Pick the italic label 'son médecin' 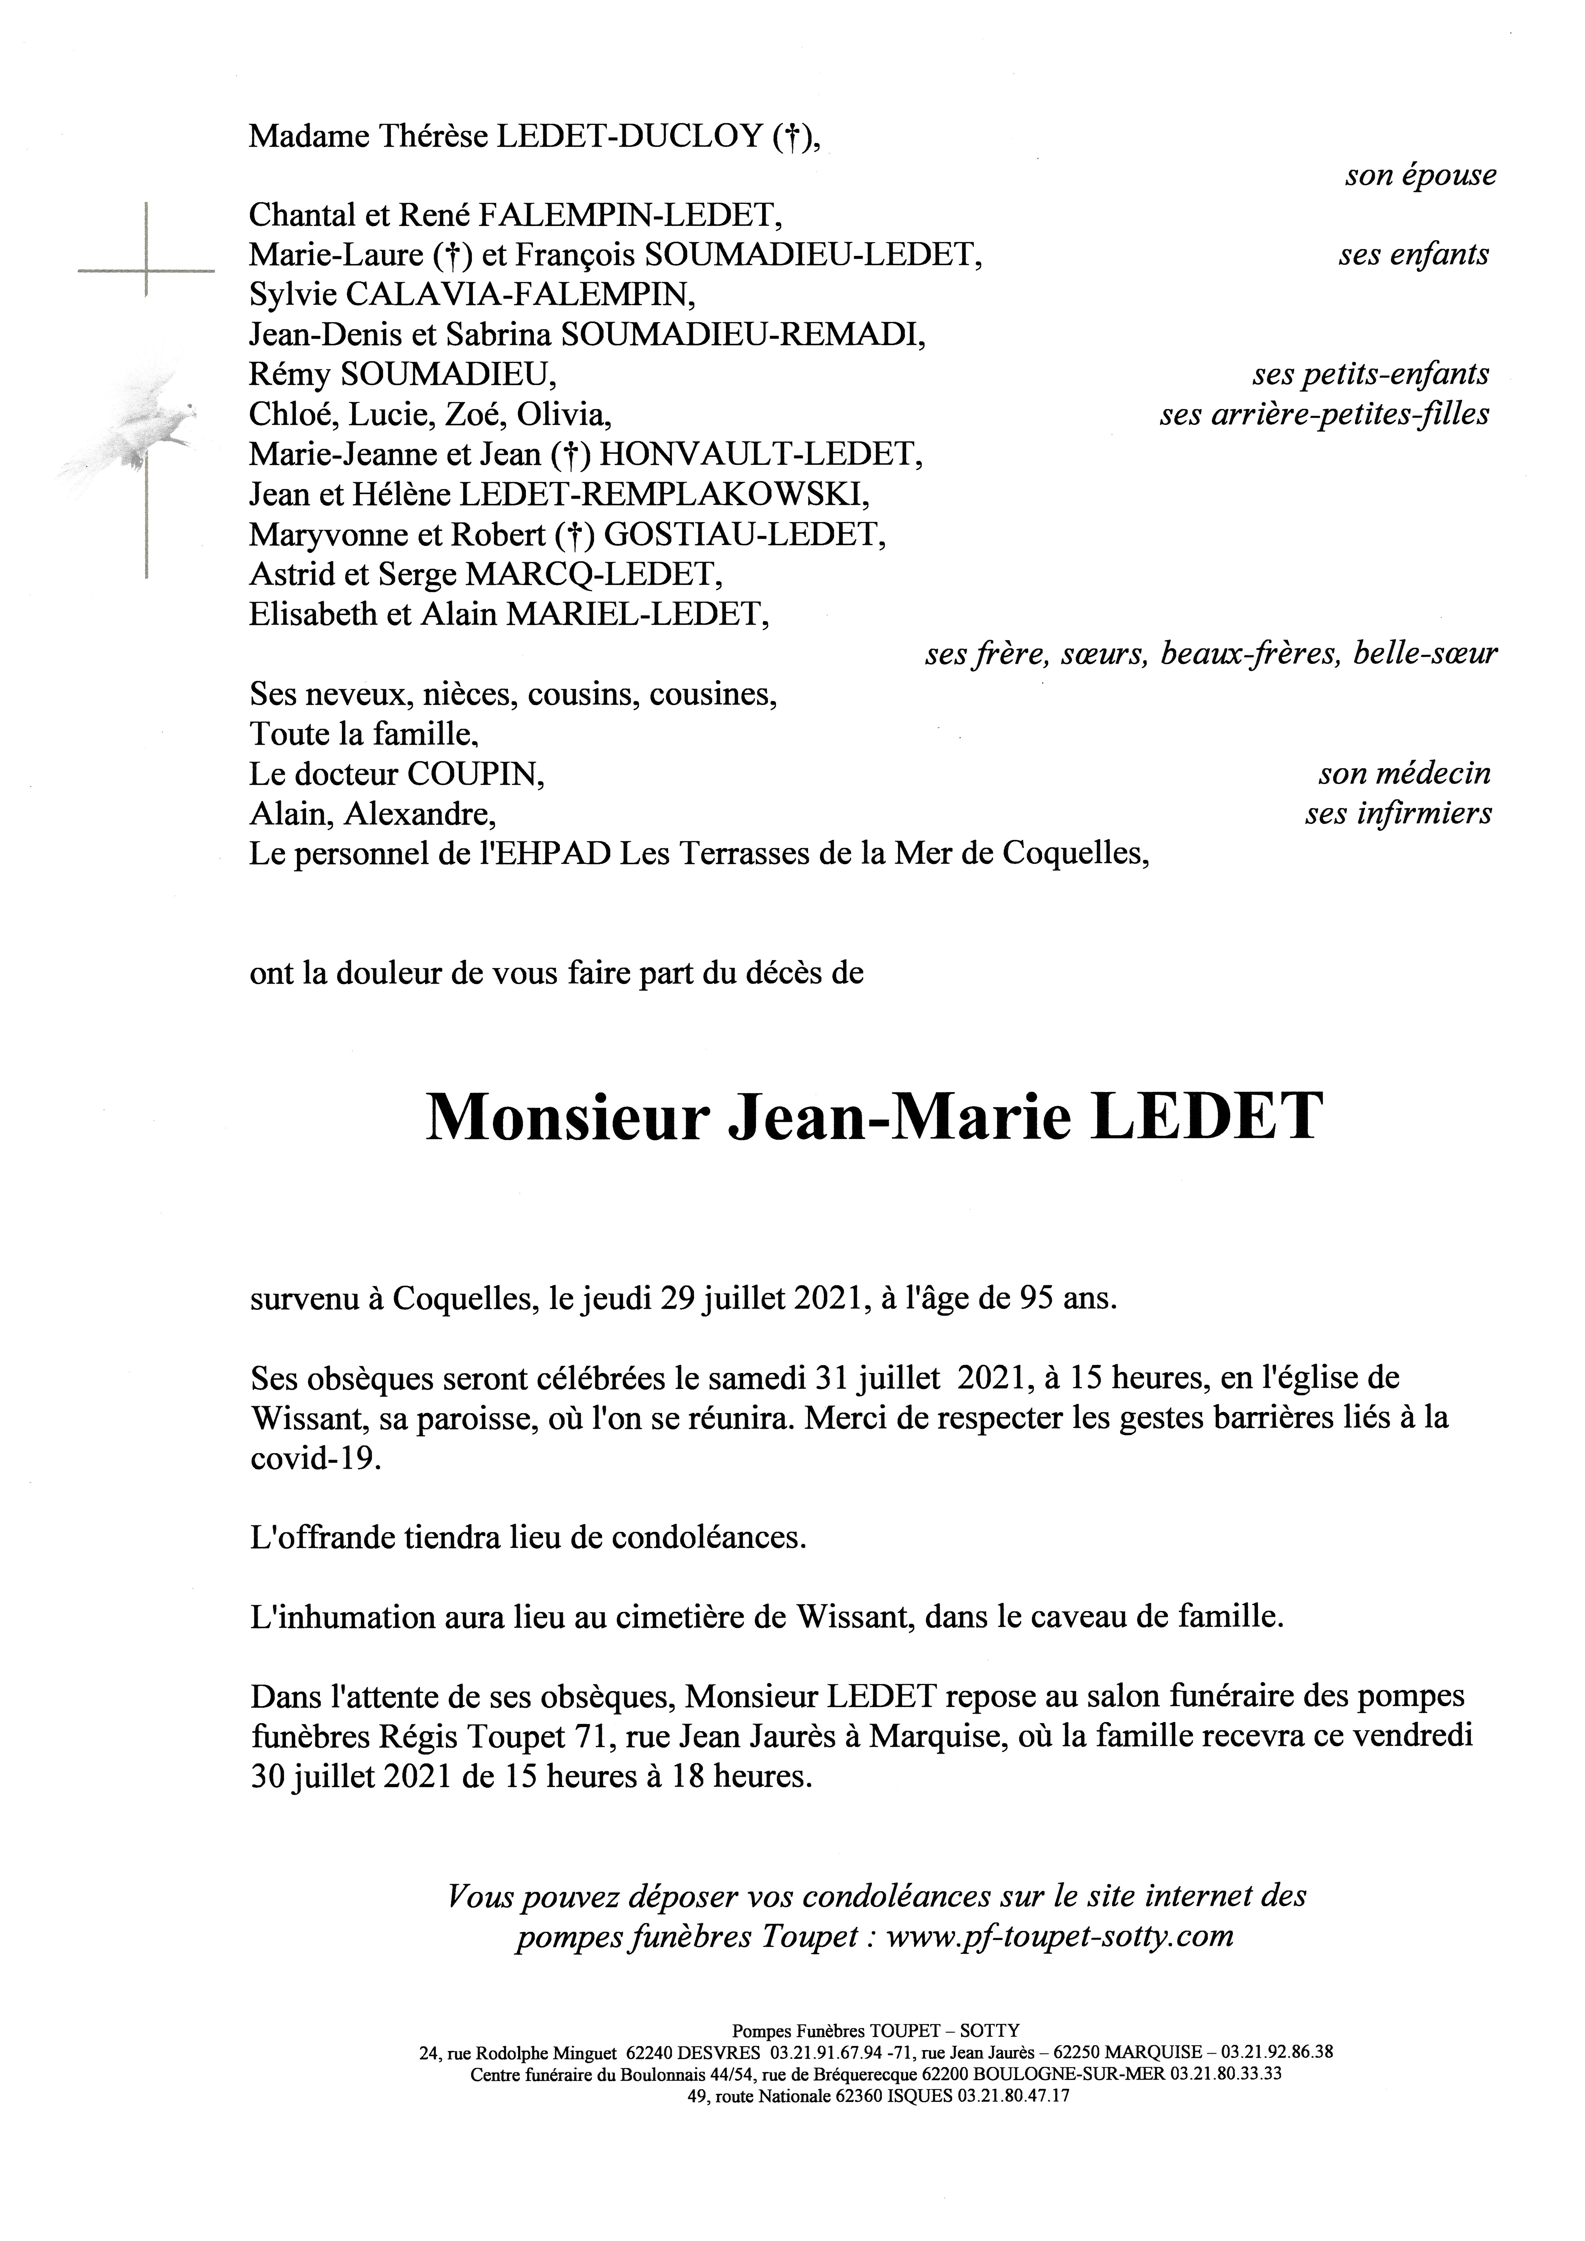click(x=1404, y=774)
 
